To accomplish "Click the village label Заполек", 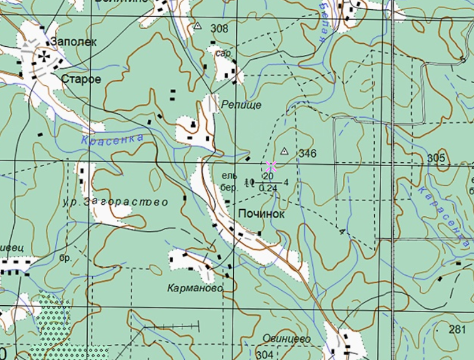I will click(x=74, y=42).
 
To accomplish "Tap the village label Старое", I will click(x=81, y=79).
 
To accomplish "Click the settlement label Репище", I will click(x=241, y=105).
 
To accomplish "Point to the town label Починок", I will click(x=262, y=214).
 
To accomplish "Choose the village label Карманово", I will click(x=195, y=287).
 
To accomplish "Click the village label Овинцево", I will click(x=286, y=339).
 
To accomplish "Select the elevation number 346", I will click(x=308, y=153).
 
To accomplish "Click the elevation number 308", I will click(x=219, y=28).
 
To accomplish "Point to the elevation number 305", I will click(x=436, y=158).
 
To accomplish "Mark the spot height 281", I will click(x=457, y=329).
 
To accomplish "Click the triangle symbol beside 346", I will click(x=284, y=151).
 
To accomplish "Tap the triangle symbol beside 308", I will click(x=198, y=26).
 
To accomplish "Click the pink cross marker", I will click(x=271, y=166).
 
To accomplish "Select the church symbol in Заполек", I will click(x=44, y=56).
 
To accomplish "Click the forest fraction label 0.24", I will click(x=268, y=188).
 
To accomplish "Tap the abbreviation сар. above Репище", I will click(x=223, y=53).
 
